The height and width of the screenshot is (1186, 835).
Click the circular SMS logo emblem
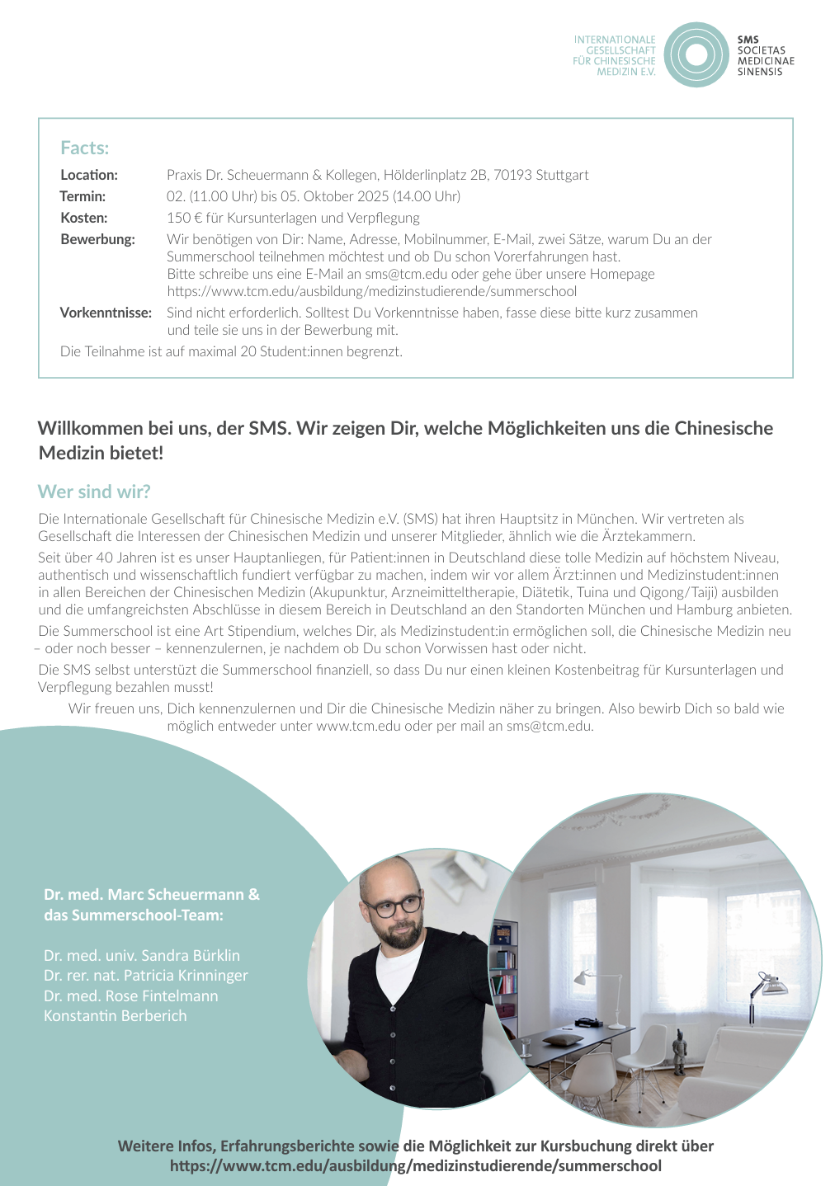click(x=696, y=55)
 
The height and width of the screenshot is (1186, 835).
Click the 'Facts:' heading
click(x=85, y=148)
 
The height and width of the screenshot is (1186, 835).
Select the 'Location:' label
click(x=89, y=175)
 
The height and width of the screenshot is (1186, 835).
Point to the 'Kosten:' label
click(x=84, y=218)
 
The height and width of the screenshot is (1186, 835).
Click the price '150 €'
click(x=182, y=218)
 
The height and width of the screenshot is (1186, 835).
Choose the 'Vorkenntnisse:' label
click(x=106, y=313)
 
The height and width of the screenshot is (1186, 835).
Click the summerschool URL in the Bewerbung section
click(x=372, y=291)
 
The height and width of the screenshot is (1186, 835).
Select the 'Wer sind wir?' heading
click(x=94, y=492)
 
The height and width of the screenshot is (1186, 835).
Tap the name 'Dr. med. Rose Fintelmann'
click(x=131, y=995)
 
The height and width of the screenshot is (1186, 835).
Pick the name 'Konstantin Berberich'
click(x=116, y=1015)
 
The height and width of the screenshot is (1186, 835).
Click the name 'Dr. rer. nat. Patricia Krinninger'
click(x=146, y=976)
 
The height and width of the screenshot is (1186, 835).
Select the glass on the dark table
click(x=523, y=1048)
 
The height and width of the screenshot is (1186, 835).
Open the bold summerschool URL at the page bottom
click(x=416, y=1165)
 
